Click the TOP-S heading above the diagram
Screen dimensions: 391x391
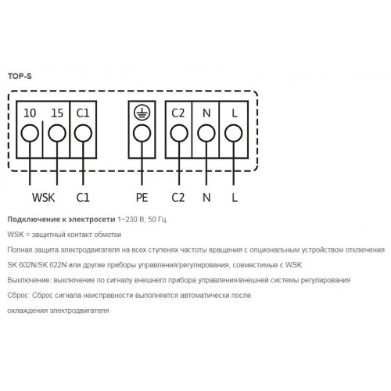tap(20, 76)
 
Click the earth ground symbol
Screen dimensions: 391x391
tap(142, 113)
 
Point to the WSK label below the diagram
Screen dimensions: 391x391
tap(44, 198)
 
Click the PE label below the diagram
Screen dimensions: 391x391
tap(142, 198)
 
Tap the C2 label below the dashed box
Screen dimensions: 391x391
tap(178, 198)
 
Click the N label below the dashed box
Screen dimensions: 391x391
tap(206, 198)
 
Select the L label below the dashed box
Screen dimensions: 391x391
tap(235, 198)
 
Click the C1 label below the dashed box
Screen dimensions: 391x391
tap(83, 198)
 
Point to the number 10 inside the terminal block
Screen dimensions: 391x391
tap(30, 113)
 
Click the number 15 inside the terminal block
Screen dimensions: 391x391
tap(57, 113)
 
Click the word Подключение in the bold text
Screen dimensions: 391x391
tap(33, 220)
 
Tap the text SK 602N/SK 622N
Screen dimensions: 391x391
tap(37, 265)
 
